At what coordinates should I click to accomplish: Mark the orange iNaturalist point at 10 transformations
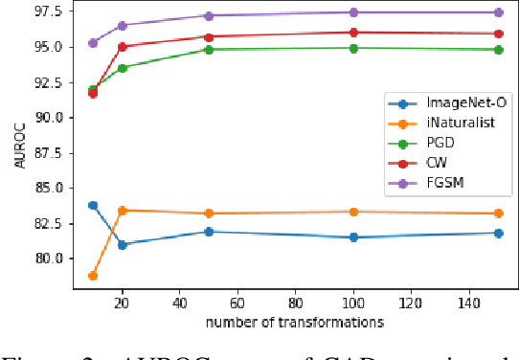click(93, 276)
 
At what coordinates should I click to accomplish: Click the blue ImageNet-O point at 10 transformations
click(93, 205)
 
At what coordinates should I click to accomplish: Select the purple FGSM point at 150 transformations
click(498, 12)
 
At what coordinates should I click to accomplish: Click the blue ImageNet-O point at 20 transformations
click(122, 244)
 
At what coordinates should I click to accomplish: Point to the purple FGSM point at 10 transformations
click(93, 42)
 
